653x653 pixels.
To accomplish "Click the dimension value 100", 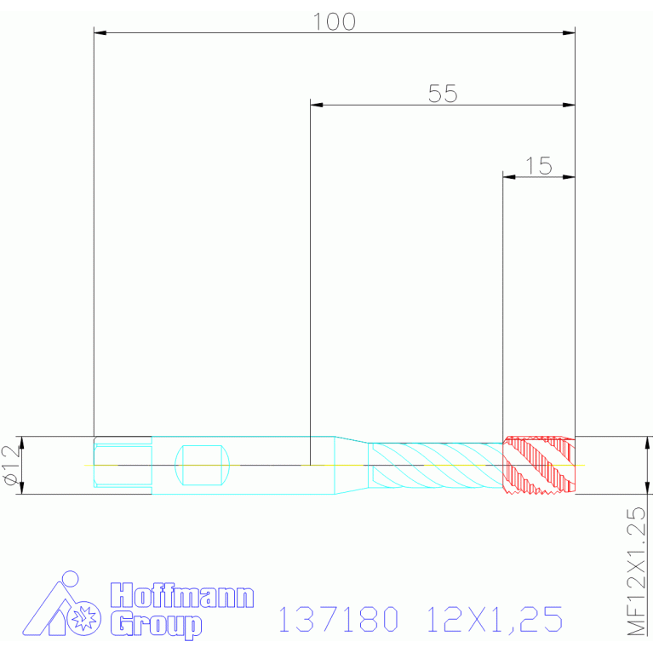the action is tap(334, 21).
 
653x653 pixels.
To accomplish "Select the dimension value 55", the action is tap(443, 94).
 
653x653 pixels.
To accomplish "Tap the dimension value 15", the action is tap(539, 166).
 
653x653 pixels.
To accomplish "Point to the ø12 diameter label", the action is tap(12, 465).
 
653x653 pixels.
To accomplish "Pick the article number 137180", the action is tap(338, 619).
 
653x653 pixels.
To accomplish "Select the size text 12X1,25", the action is tap(495, 620).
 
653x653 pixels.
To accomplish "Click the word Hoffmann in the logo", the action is tap(182, 595).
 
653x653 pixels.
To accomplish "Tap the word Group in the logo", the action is tap(156, 625).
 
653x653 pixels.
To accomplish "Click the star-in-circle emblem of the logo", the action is tap(84, 618).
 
